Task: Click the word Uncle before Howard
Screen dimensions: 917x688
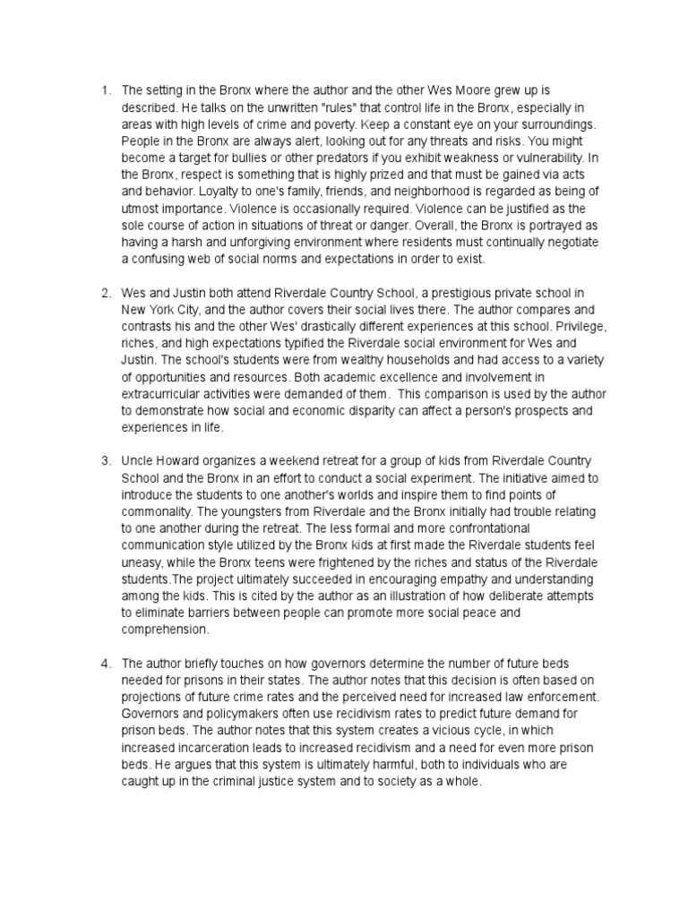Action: pyautogui.click(x=138, y=459)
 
